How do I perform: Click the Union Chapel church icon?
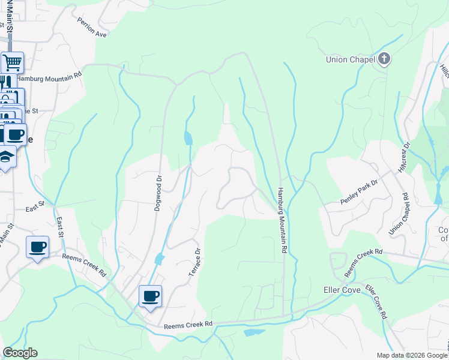pos(384,59)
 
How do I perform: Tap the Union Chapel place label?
pos(350,59)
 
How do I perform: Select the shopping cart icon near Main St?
pos(12,62)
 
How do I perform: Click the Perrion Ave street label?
pos(91,27)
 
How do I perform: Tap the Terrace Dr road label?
pos(194,262)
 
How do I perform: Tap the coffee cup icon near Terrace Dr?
pos(150,296)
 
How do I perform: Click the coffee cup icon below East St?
pos(37,247)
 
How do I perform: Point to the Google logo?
pos(20,353)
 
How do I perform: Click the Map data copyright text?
pos(412,355)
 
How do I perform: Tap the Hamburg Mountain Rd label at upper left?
pos(48,77)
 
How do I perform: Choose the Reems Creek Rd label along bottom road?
pos(188,325)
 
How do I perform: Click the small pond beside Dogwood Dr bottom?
pos(158,259)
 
